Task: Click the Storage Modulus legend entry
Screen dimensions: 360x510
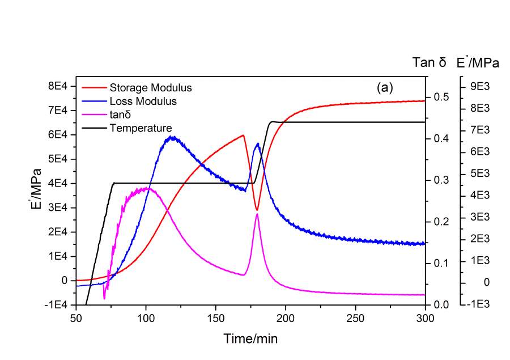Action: [150, 88]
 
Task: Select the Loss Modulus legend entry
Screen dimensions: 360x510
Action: [143, 101]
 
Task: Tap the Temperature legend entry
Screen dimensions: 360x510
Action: [141, 128]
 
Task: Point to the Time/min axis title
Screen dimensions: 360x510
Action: [250, 338]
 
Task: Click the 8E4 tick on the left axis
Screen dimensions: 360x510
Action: [58, 86]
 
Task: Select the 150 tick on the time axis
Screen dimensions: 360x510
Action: [215, 316]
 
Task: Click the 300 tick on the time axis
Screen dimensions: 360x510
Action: [424, 316]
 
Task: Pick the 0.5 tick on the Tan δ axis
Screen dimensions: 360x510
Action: [441, 97]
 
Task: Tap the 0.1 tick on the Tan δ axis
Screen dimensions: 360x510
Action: [441, 263]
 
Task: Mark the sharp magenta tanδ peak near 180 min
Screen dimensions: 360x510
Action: [257, 214]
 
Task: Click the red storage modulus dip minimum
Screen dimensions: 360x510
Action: [257, 210]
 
